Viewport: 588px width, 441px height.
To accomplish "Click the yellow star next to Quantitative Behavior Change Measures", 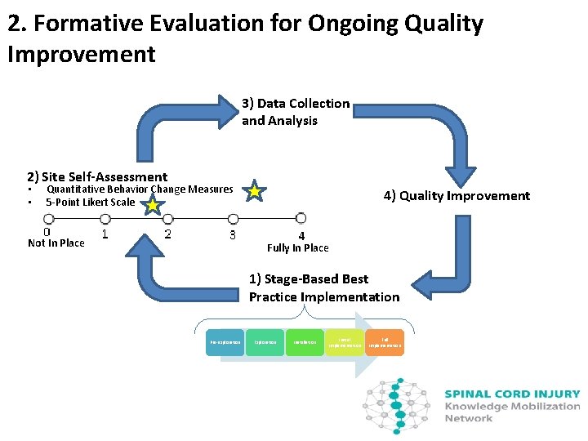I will tap(255, 191).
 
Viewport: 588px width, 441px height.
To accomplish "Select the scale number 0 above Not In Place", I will tap(47, 232).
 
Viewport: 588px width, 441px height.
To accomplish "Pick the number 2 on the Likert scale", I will tap(167, 234).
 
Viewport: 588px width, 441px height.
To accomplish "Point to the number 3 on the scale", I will tap(233, 234).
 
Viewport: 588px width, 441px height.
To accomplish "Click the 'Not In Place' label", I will tap(56, 243).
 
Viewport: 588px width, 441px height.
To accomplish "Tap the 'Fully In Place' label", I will tap(298, 248).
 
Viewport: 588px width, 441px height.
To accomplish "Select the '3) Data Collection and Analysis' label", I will tap(295, 112).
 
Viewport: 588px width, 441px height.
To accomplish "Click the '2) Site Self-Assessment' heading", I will tap(96, 176).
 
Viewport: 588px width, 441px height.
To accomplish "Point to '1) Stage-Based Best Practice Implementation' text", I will tap(323, 288).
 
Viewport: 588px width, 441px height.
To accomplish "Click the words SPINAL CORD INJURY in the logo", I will tap(512, 394).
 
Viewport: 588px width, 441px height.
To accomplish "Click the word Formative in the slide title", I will tap(85, 24).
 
